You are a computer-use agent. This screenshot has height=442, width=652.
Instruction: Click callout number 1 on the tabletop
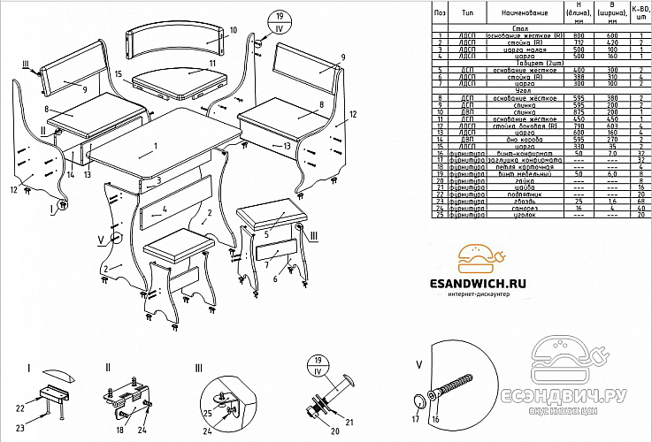pos(154,146)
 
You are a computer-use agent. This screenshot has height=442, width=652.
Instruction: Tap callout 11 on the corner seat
pos(211,65)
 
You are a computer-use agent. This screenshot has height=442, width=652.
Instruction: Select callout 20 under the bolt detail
pos(310,432)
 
